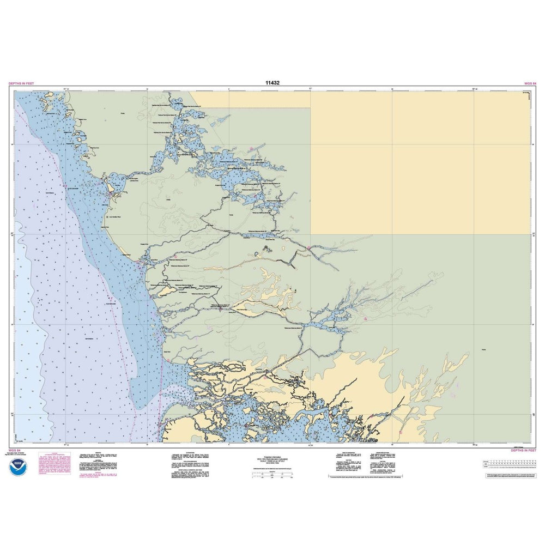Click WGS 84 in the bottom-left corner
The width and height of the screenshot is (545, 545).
click(15, 451)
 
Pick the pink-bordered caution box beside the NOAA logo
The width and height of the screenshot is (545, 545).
click(54, 463)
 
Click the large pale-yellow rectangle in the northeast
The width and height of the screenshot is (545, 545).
click(420, 163)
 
